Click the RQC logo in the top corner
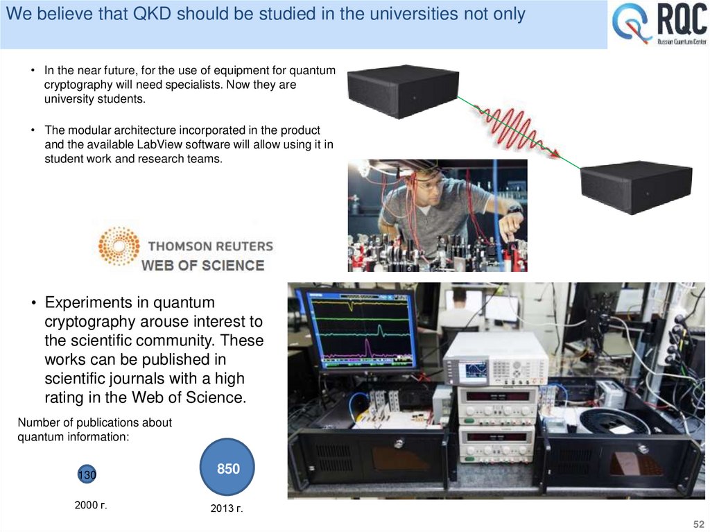[x=659, y=25]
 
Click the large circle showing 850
[x=227, y=468]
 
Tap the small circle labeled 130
[x=87, y=475]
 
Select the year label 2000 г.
[x=91, y=505]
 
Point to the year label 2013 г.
[x=227, y=509]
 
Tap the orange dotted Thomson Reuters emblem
[x=119, y=246]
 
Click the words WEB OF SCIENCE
[x=203, y=265]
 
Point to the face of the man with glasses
[x=431, y=190]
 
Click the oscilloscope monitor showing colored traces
[x=358, y=330]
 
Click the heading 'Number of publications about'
[x=94, y=422]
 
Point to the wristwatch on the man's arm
[x=514, y=208]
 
